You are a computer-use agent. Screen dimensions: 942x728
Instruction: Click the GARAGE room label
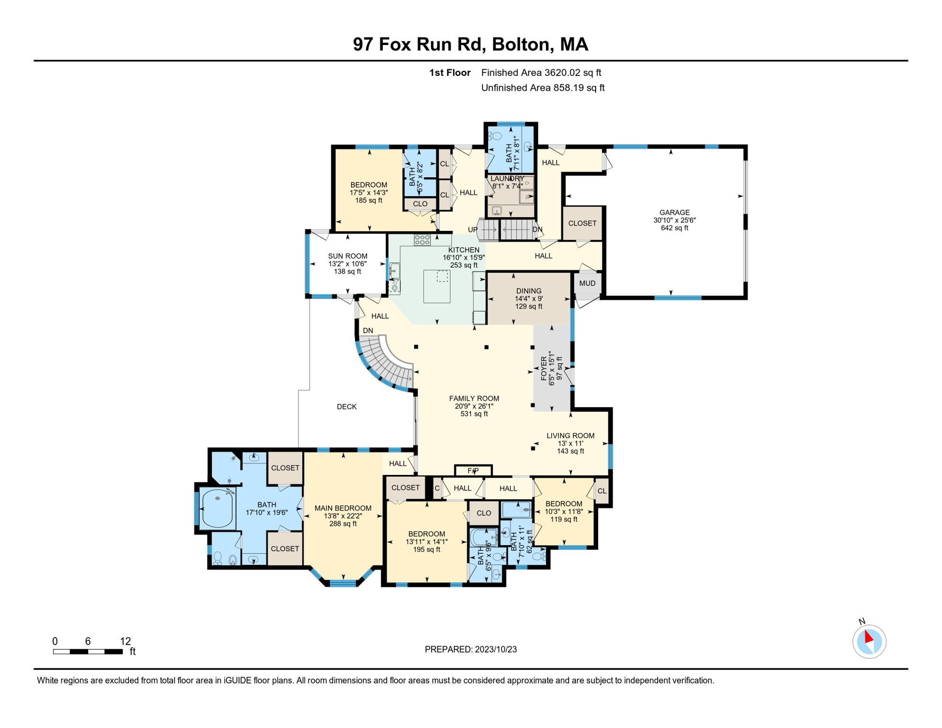click(674, 212)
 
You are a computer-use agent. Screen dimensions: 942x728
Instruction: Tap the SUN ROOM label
click(347, 256)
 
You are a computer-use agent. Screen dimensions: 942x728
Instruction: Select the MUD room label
click(587, 283)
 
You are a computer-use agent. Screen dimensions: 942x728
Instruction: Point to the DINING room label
click(528, 291)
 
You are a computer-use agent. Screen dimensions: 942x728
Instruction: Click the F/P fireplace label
click(473, 471)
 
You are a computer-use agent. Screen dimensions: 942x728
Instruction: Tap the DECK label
click(346, 407)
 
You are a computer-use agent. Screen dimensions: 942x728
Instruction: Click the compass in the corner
click(869, 641)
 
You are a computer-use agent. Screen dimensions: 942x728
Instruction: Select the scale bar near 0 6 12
click(88, 652)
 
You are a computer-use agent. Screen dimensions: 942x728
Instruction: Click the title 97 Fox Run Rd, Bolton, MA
click(471, 44)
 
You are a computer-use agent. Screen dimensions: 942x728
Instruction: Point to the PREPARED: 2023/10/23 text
click(471, 649)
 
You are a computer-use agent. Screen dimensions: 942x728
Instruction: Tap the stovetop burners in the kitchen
click(422, 240)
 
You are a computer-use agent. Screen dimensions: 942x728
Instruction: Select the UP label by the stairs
click(472, 230)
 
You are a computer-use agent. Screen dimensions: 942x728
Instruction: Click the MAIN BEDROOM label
click(343, 508)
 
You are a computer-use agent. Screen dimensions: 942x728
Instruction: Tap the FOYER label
click(544, 369)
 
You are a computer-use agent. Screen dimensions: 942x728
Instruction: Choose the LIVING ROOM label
click(570, 436)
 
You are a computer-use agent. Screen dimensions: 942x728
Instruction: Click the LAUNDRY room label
click(507, 179)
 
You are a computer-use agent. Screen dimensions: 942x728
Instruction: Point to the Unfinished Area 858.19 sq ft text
click(543, 88)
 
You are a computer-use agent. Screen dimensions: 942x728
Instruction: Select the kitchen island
click(436, 286)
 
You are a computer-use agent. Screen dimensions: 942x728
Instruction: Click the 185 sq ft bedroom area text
click(369, 200)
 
